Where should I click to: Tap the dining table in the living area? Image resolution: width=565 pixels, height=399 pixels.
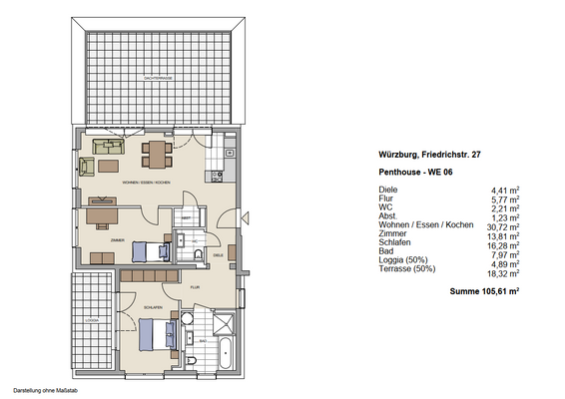tap(156, 154)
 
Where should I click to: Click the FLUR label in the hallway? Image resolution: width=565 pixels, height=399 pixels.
tap(196, 287)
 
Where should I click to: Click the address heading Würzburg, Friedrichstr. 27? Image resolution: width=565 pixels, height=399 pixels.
tap(429, 155)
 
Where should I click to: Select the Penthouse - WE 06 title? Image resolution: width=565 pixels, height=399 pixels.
tap(413, 173)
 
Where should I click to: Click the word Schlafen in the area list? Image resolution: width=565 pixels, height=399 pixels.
tap(396, 242)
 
